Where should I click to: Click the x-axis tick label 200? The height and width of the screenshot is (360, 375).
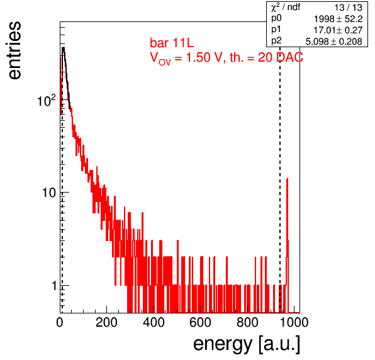[106, 322]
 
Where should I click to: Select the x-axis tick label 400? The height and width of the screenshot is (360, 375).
[154, 322]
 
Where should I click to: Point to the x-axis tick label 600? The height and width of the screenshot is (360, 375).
[200, 322]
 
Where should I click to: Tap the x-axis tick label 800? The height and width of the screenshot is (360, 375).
[247, 322]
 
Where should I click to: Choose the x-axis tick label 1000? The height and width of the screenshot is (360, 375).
[294, 322]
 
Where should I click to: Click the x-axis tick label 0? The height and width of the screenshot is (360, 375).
[60, 322]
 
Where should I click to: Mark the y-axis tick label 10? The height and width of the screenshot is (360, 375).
[49, 193]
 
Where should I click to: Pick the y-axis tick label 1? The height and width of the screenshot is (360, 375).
[54, 285]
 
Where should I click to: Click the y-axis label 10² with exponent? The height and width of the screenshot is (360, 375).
[47, 100]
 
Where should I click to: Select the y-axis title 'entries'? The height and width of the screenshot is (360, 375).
[14, 50]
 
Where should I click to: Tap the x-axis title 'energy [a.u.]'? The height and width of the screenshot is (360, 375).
[247, 344]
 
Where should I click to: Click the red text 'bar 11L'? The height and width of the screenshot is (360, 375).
[172, 43]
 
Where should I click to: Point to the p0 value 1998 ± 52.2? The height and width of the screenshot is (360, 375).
[338, 19]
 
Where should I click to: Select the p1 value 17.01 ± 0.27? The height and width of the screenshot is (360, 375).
[338, 30]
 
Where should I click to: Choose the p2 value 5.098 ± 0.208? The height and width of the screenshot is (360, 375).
[334, 42]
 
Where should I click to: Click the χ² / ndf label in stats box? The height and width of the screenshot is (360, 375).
[285, 7]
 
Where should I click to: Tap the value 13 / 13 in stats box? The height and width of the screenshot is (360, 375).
[348, 8]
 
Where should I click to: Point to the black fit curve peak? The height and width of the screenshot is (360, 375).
[63, 48]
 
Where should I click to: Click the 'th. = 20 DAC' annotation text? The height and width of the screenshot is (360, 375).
[266, 58]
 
